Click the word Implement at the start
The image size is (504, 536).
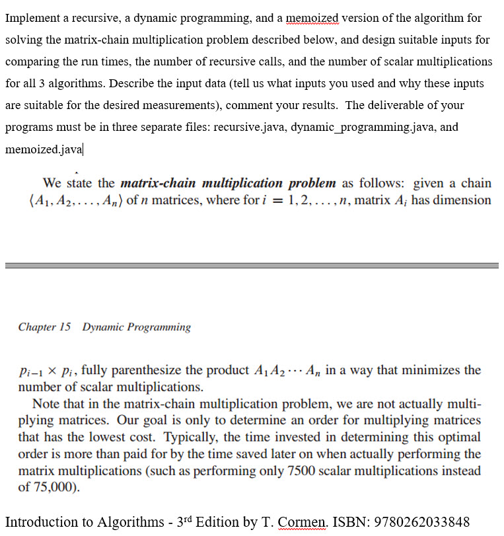tap(32, 18)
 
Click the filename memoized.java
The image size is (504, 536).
tap(44, 149)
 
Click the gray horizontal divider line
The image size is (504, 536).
tap(252, 265)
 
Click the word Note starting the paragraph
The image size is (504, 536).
tap(46, 404)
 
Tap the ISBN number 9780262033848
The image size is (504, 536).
tap(421, 521)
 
